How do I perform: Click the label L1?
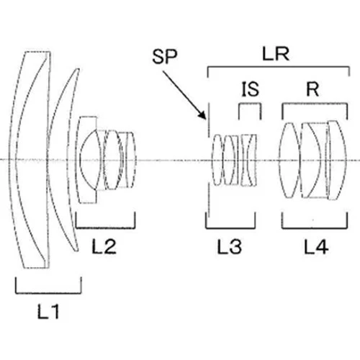pos(48,311)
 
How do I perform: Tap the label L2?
pos(104,246)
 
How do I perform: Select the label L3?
pos(229,246)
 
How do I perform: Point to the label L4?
pos(316,246)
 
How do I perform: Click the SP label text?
pos(165,56)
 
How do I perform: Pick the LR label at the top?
pos(276,54)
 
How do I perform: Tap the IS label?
pos(250,89)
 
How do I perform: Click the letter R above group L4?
pos(312,89)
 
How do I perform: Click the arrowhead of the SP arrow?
pos(203,116)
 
